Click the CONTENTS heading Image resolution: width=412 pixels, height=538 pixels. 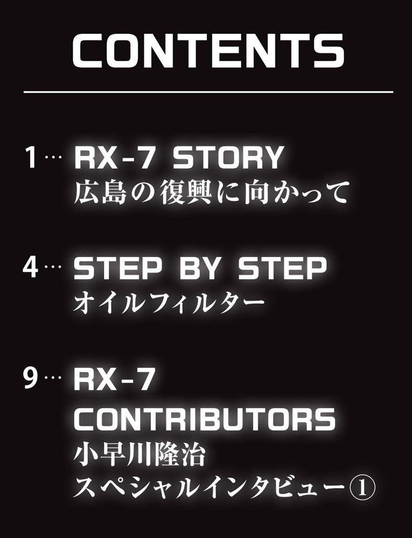(x=208, y=51)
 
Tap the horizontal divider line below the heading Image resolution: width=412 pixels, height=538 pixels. (x=208, y=92)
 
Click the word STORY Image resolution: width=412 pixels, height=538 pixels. (x=227, y=158)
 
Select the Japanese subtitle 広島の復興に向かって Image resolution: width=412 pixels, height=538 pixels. (x=212, y=193)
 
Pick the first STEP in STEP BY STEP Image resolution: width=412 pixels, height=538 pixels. (x=117, y=268)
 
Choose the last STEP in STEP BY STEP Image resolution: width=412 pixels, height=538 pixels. (x=282, y=268)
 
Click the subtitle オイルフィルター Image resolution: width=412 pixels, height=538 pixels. (x=170, y=302)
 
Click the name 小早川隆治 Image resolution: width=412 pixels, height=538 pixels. (x=139, y=455)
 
